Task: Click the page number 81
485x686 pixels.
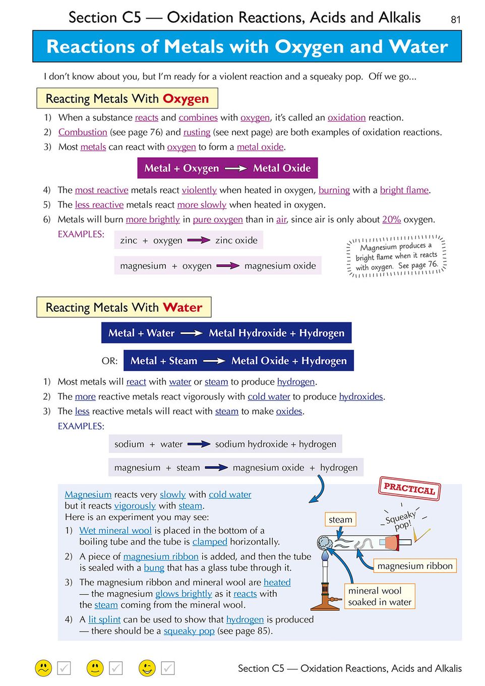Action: [x=455, y=20]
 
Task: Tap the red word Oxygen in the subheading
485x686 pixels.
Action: [x=185, y=99]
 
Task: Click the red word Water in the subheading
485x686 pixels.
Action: [x=182, y=308]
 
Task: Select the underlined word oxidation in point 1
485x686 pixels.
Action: [x=346, y=118]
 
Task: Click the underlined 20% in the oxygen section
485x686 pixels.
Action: [x=391, y=219]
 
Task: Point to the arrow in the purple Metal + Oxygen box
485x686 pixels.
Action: [x=235, y=168]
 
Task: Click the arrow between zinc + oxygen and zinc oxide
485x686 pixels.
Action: [x=199, y=240]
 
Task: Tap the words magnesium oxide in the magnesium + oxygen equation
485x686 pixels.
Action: [x=280, y=266]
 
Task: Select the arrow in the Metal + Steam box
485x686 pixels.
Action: [x=214, y=361]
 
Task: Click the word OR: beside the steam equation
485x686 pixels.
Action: [x=109, y=361]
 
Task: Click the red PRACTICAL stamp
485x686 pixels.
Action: [x=409, y=488]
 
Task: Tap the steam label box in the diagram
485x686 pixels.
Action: [x=340, y=520]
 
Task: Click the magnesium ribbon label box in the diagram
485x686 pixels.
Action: [x=414, y=566]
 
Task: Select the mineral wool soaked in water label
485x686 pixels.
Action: [x=380, y=596]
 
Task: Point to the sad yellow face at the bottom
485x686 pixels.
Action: [x=44, y=668]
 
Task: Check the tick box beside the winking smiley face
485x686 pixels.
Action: [x=168, y=668]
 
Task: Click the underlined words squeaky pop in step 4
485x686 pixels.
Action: [x=189, y=631]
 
